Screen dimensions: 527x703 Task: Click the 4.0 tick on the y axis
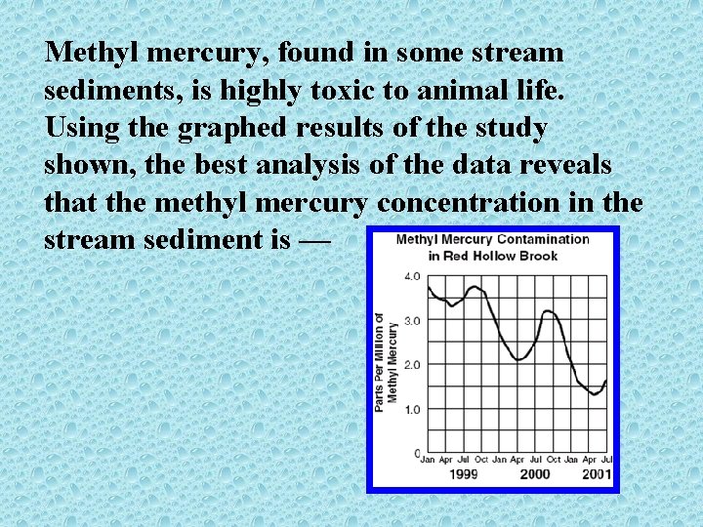413,276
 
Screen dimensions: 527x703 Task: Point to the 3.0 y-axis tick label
413,320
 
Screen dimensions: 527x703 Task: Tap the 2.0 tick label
413,365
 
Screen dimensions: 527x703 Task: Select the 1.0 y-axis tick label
413,409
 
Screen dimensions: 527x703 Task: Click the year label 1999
463,474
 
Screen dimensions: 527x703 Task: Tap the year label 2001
596,474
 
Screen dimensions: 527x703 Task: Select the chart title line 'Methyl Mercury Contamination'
492,239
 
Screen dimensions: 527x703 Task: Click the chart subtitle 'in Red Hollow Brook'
492,256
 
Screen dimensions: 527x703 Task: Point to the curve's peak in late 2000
550,310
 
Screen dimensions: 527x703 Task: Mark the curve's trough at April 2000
519,359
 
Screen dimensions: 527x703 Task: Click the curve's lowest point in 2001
594,394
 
